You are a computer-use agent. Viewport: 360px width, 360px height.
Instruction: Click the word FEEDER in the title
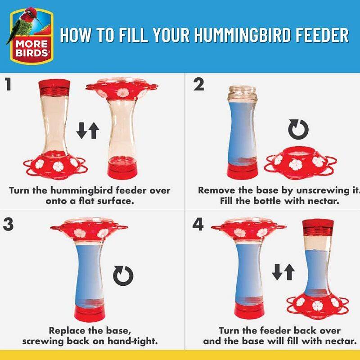point(322,35)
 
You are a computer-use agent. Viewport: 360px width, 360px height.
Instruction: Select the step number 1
point(8,84)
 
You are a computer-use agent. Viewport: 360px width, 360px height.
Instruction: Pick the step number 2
point(198,84)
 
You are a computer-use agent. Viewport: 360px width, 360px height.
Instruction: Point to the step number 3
point(8,224)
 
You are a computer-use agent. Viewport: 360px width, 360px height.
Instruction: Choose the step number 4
point(198,224)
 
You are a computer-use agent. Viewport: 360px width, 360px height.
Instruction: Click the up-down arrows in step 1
point(88,130)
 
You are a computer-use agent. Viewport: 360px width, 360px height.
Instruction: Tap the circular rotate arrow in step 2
point(298,129)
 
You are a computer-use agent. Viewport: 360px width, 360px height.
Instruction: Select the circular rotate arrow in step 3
point(123,276)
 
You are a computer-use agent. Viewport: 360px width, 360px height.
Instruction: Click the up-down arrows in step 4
point(283,272)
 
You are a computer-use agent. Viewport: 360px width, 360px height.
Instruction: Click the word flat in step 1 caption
point(86,201)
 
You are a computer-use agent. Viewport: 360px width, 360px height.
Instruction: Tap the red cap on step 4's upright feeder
point(318,228)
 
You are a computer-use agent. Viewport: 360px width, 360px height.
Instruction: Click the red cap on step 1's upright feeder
point(54,87)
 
